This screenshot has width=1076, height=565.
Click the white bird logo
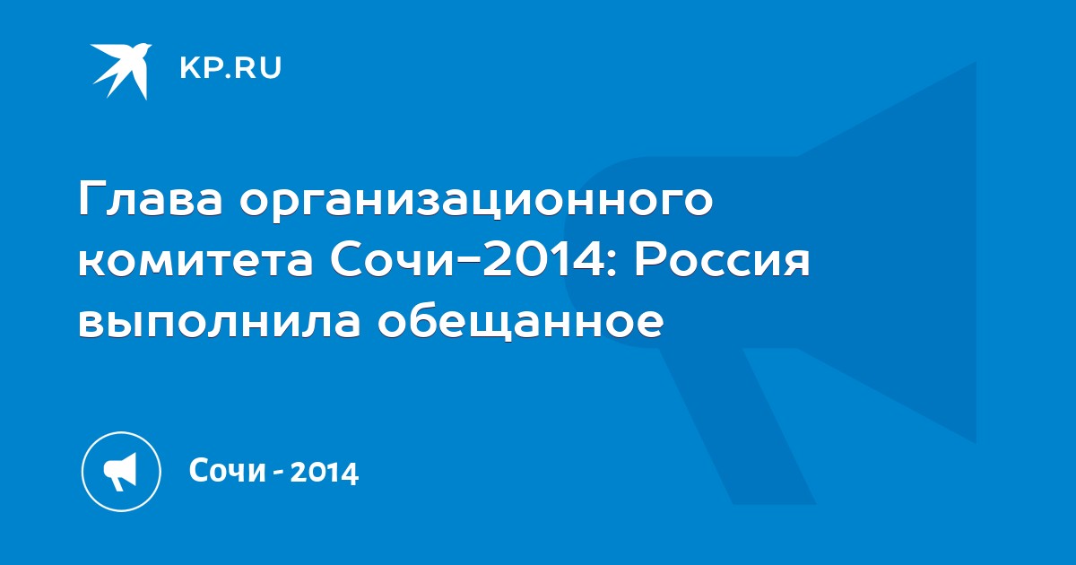click(121, 71)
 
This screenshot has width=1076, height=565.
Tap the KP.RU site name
click(230, 68)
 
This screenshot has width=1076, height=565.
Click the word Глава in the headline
click(151, 199)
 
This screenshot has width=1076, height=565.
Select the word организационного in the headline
click(476, 203)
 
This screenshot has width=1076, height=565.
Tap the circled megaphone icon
click(121, 471)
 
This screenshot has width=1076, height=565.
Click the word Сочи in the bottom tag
click(227, 470)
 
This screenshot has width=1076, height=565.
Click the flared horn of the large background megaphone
click(888, 252)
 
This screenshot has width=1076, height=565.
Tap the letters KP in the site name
click(199, 68)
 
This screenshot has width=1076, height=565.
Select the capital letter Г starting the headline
click(91, 199)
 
